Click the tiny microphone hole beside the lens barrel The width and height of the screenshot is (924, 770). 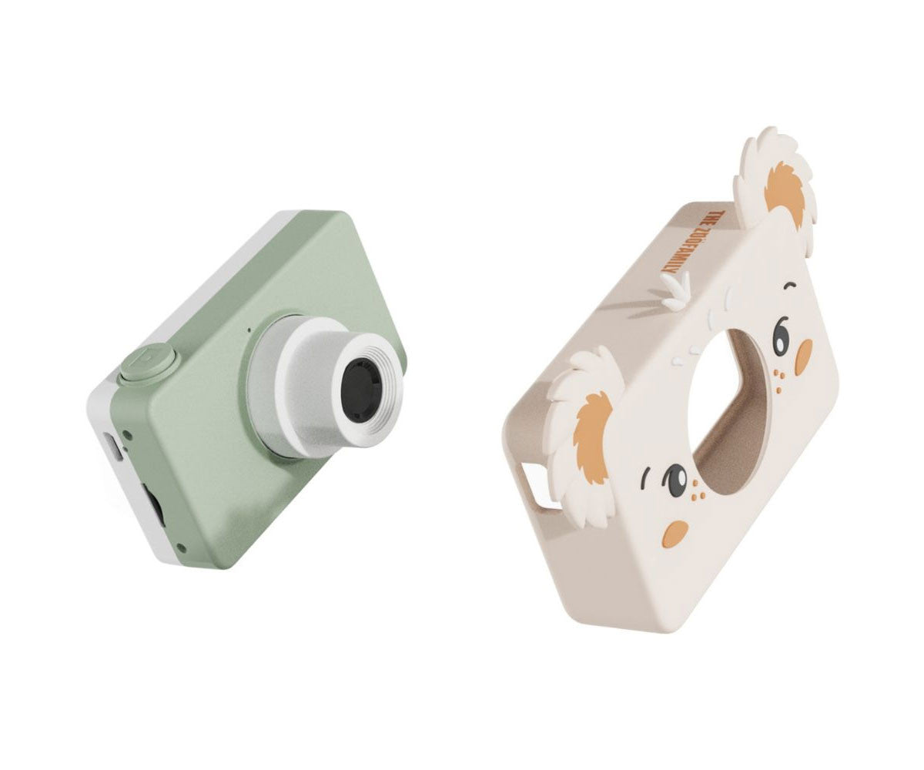point(249,330)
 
